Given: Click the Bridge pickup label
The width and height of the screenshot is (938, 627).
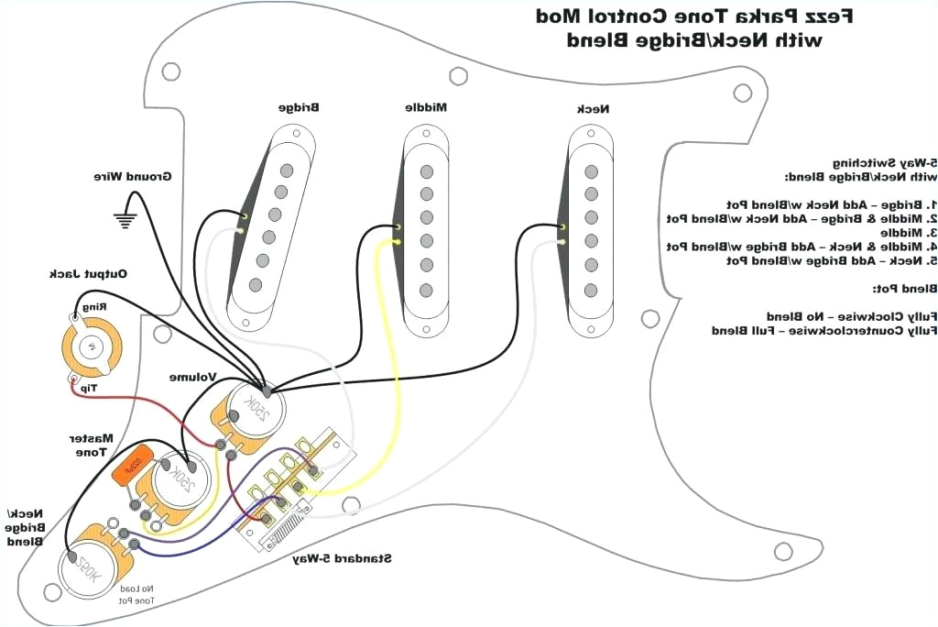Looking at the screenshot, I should (x=300, y=108).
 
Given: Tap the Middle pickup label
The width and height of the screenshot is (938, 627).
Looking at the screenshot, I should (x=426, y=107).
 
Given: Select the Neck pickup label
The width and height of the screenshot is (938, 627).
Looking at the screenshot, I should (x=593, y=109).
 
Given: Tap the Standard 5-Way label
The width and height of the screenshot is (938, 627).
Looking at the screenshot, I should (x=343, y=557).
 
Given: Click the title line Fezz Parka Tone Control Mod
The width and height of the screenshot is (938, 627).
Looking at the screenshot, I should (x=695, y=16).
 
